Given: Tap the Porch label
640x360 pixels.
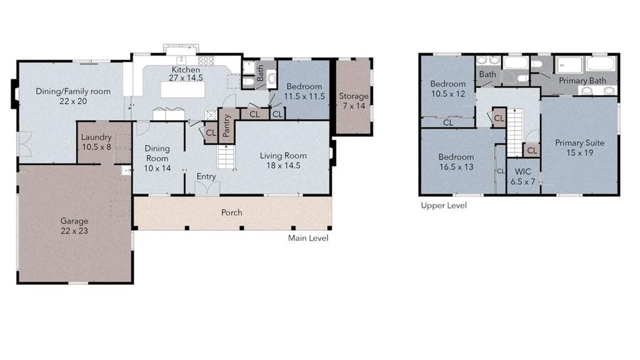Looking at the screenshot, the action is click(x=231, y=212).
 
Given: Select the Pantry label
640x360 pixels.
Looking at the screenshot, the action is click(x=227, y=126).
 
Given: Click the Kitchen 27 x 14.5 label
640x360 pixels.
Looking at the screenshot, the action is click(x=186, y=74).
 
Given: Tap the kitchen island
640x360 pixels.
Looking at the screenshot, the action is click(x=182, y=90).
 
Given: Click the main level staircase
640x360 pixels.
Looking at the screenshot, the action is click(x=226, y=156).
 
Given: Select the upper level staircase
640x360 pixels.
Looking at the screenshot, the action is click(x=515, y=132).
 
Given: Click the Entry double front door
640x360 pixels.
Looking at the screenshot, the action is click(x=207, y=189).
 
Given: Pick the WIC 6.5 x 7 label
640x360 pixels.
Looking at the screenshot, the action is click(x=523, y=177).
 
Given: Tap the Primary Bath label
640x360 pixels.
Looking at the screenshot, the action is click(x=582, y=81).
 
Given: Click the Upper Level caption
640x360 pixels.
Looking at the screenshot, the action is click(x=444, y=206).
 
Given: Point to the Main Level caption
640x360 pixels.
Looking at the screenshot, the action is click(x=308, y=238).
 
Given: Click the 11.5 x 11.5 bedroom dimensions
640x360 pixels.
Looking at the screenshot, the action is click(x=304, y=97).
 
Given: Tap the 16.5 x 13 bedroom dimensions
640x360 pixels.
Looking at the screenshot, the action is click(x=456, y=167).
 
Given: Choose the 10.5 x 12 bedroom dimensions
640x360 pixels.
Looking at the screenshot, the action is click(x=448, y=94).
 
